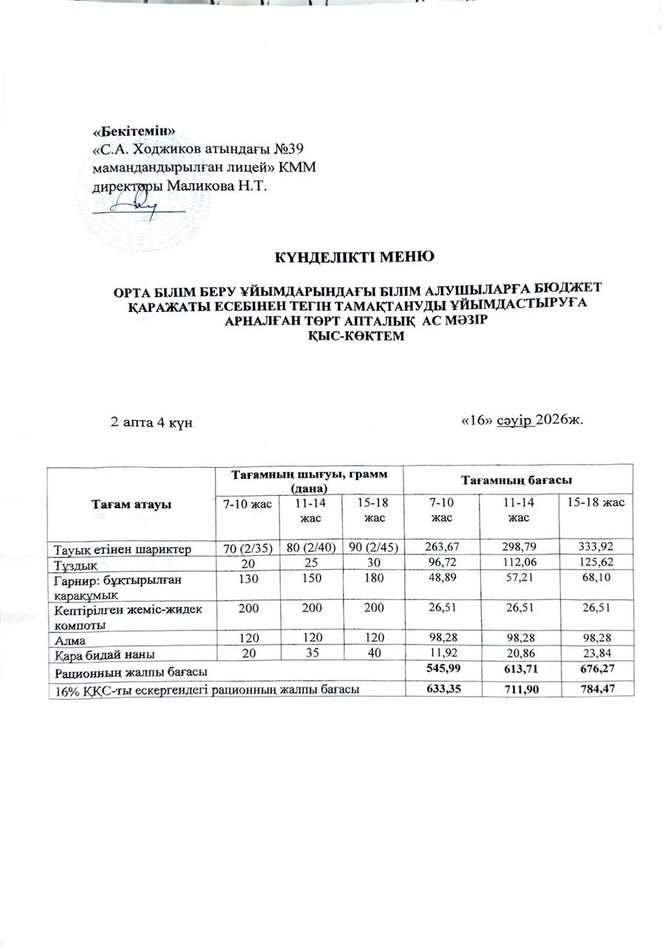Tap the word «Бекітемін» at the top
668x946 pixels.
pyautogui.click(x=134, y=131)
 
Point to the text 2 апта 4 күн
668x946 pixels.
pyautogui.click(x=151, y=421)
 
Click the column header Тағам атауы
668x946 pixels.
pyautogui.click(x=131, y=503)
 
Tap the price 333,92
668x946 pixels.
pyautogui.click(x=596, y=548)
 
